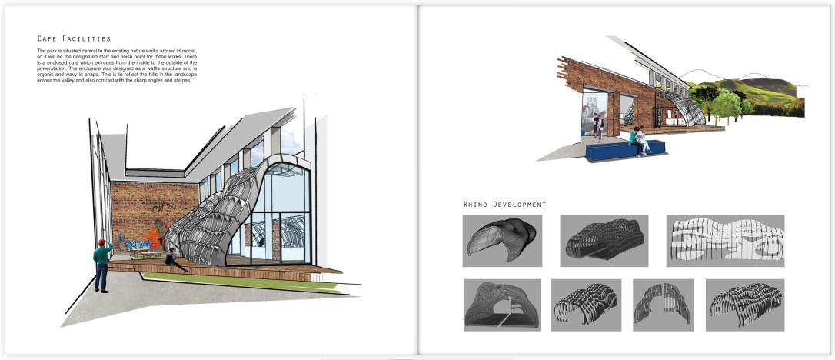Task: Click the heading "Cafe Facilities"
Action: [x=74, y=39]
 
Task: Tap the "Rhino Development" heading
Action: [x=505, y=205]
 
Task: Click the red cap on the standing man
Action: [x=101, y=242]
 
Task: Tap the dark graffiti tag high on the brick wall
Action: [x=160, y=207]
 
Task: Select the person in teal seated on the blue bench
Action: [x=635, y=140]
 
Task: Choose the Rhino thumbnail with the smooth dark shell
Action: [x=502, y=241]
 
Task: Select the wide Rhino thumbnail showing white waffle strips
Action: [x=725, y=241]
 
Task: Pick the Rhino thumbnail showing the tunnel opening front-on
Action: [x=502, y=305]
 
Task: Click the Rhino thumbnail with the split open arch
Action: [x=663, y=305]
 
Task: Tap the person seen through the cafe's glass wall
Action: [x=262, y=242]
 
